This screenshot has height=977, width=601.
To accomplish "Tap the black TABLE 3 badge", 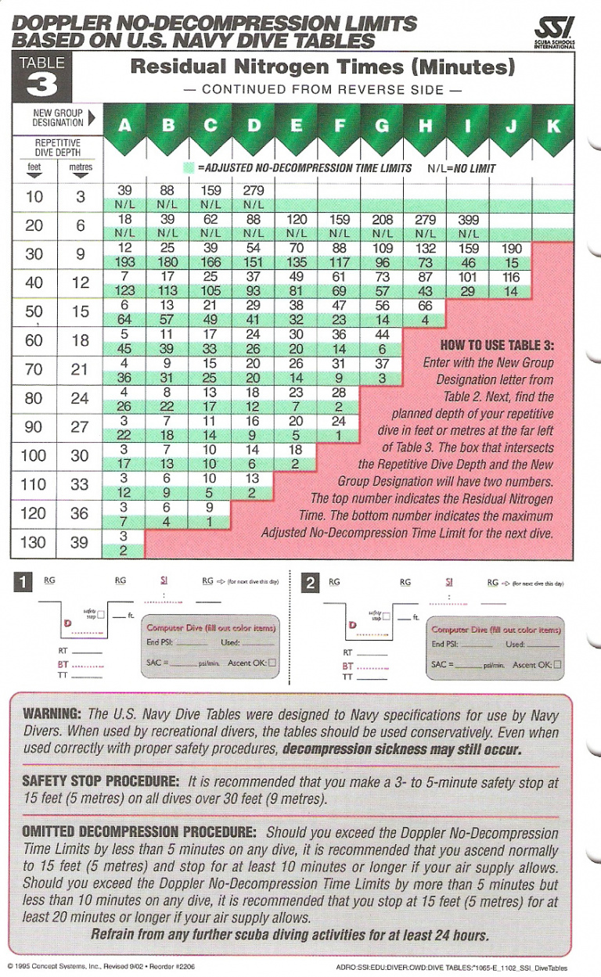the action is [x=36, y=77].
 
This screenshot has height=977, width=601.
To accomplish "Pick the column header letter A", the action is [x=125, y=126].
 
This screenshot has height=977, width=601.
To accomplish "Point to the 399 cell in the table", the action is [x=467, y=221].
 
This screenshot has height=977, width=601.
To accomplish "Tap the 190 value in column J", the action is [x=511, y=249].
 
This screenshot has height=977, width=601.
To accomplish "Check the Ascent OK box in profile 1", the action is [x=272, y=663].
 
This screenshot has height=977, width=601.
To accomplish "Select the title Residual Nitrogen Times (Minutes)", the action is [x=322, y=67].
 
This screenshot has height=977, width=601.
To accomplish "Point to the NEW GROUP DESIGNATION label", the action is [x=58, y=118].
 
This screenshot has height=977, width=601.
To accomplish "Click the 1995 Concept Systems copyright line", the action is [x=102, y=967].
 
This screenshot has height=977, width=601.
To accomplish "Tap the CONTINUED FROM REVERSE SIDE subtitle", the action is [x=322, y=90].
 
